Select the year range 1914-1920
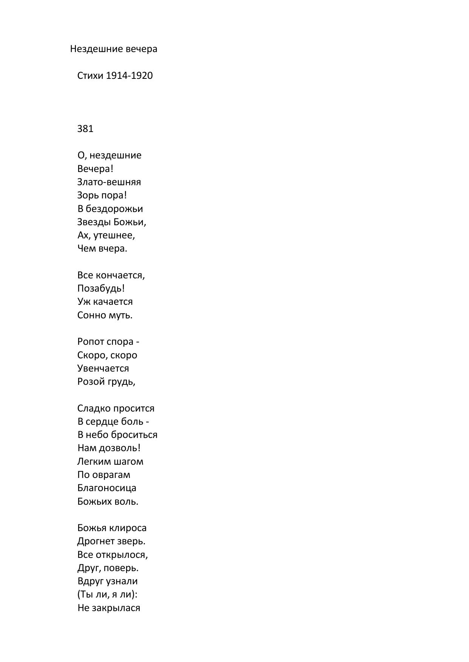pos(130,76)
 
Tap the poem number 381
pos(85,129)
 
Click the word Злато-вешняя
pos(109,182)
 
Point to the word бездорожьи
pos(114,209)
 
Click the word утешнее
pos(114,236)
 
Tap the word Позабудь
pos(101,289)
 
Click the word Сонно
pos(91,315)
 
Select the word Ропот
pos(91,342)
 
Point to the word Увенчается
pos(103,369)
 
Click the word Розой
pos(91,382)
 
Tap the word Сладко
pos(92,409)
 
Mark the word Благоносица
pos(107,488)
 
